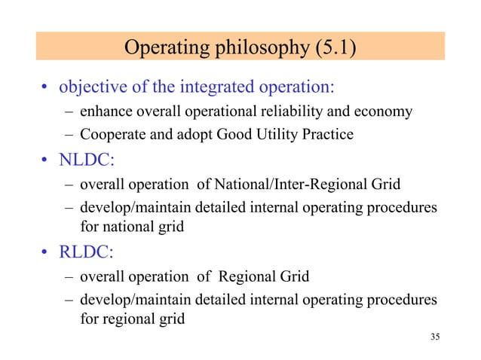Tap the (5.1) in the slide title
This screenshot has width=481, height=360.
pyautogui.click(x=332, y=49)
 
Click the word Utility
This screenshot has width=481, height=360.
pyautogui.click(x=277, y=136)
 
